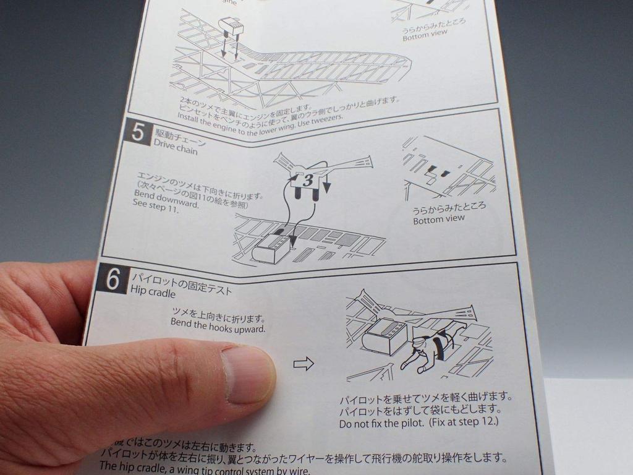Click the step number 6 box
[x=113, y=280]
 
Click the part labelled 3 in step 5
[x=308, y=180]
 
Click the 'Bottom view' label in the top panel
[x=425, y=33]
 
